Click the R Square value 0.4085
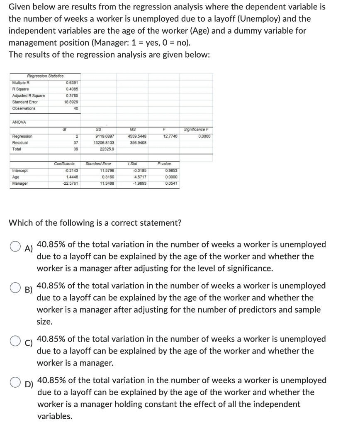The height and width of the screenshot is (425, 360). tap(73, 89)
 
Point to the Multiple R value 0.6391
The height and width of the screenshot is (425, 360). tap(73, 82)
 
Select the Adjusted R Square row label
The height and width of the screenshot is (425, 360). tap(29, 95)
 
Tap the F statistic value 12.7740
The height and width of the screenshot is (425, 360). tap(170, 136)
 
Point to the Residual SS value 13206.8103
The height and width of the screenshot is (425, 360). tap(105, 142)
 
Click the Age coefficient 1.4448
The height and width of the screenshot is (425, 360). tap(73, 177)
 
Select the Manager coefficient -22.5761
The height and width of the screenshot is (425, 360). tap(71, 183)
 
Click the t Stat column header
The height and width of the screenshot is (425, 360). tap(133, 164)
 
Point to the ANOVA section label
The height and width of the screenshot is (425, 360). tap(20, 122)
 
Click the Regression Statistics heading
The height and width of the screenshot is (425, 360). tap(45, 76)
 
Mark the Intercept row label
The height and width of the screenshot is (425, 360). tap(20, 170)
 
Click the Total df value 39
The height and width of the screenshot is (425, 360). tap(76, 149)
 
